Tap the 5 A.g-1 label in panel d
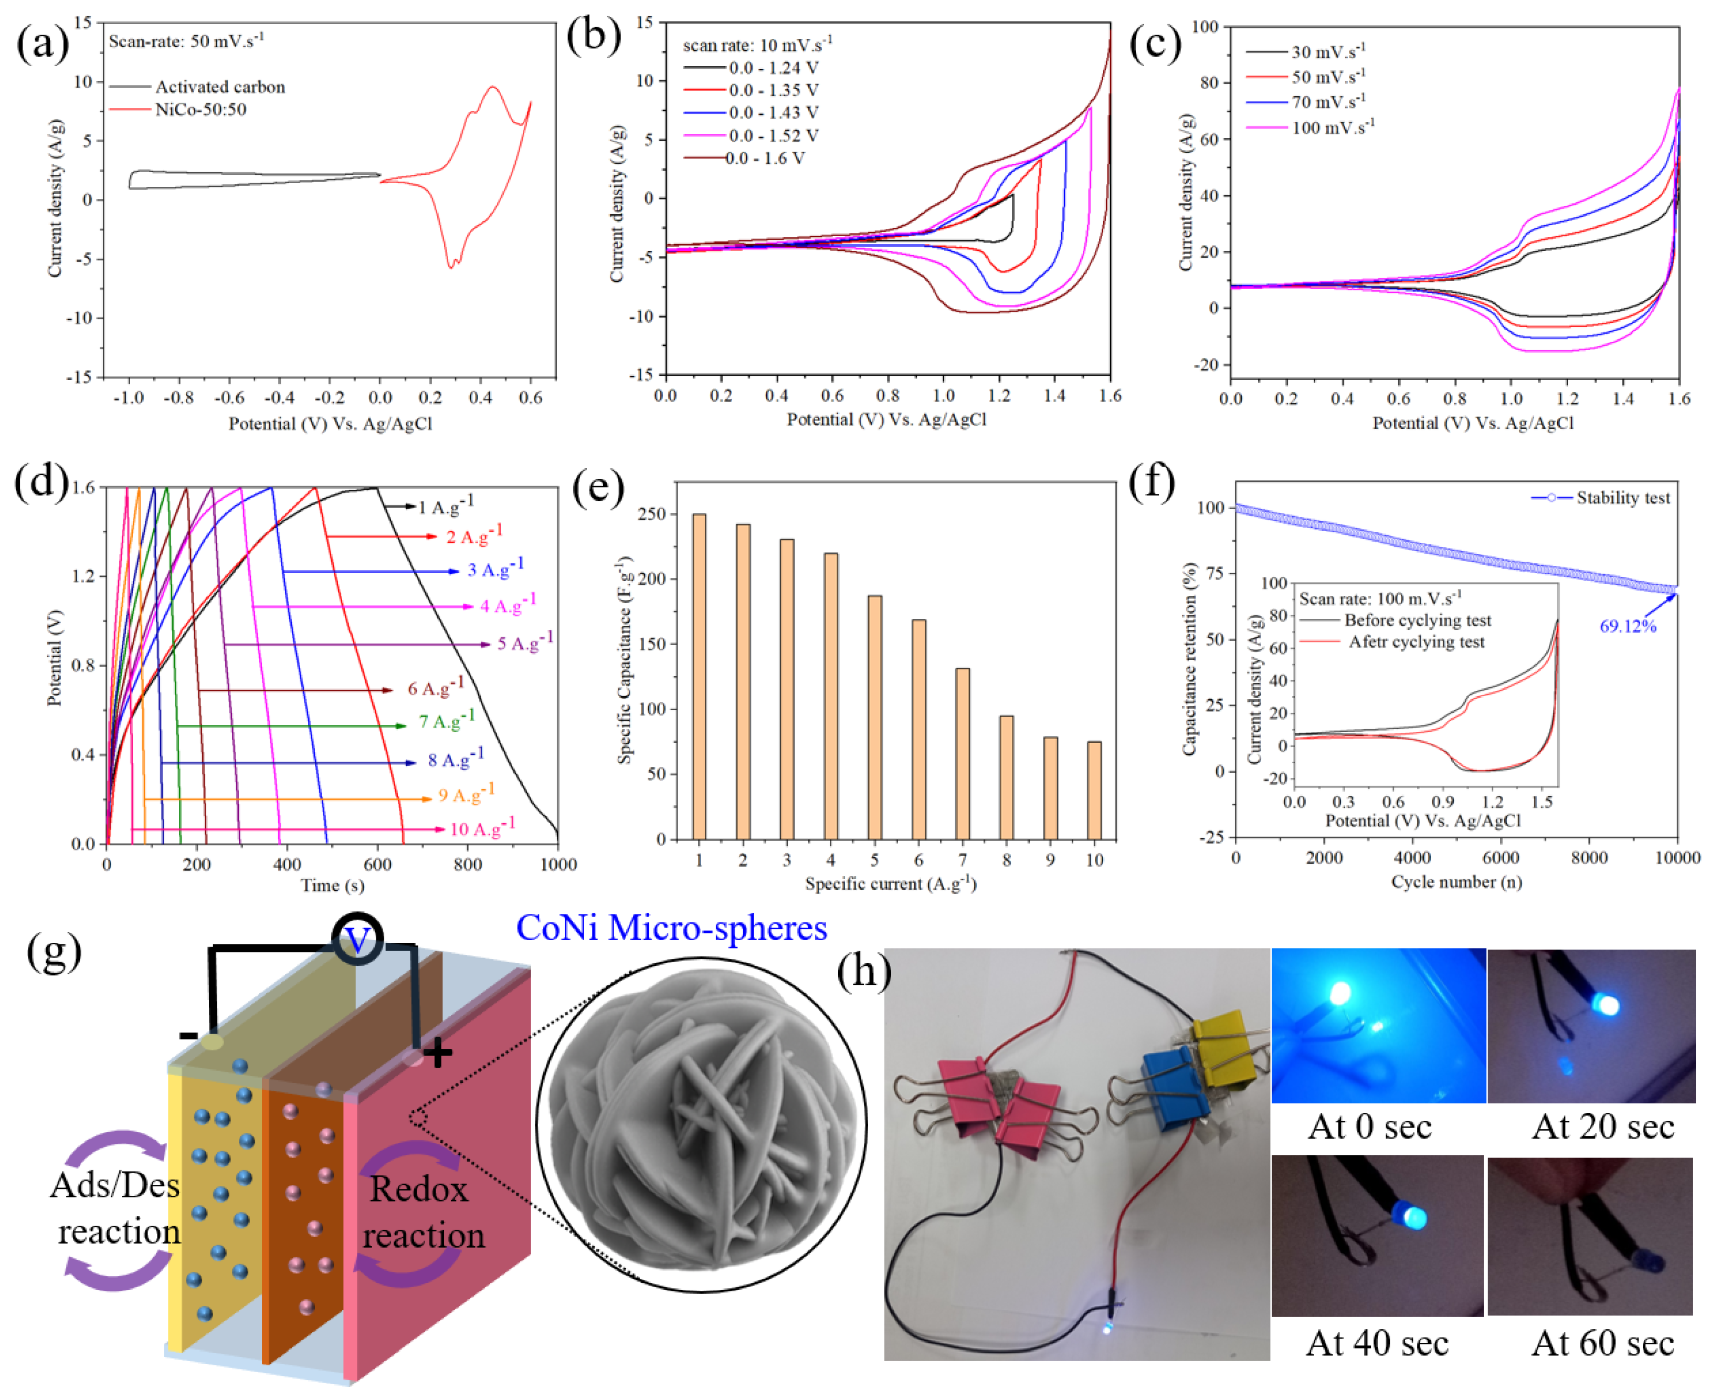point(524,643)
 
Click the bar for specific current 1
point(699,676)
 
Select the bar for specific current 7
point(962,753)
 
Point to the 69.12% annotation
point(1627,627)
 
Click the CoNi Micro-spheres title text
point(671,928)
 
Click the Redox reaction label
point(421,1212)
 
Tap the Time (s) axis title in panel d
point(332,886)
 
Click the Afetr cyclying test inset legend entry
point(1415,642)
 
